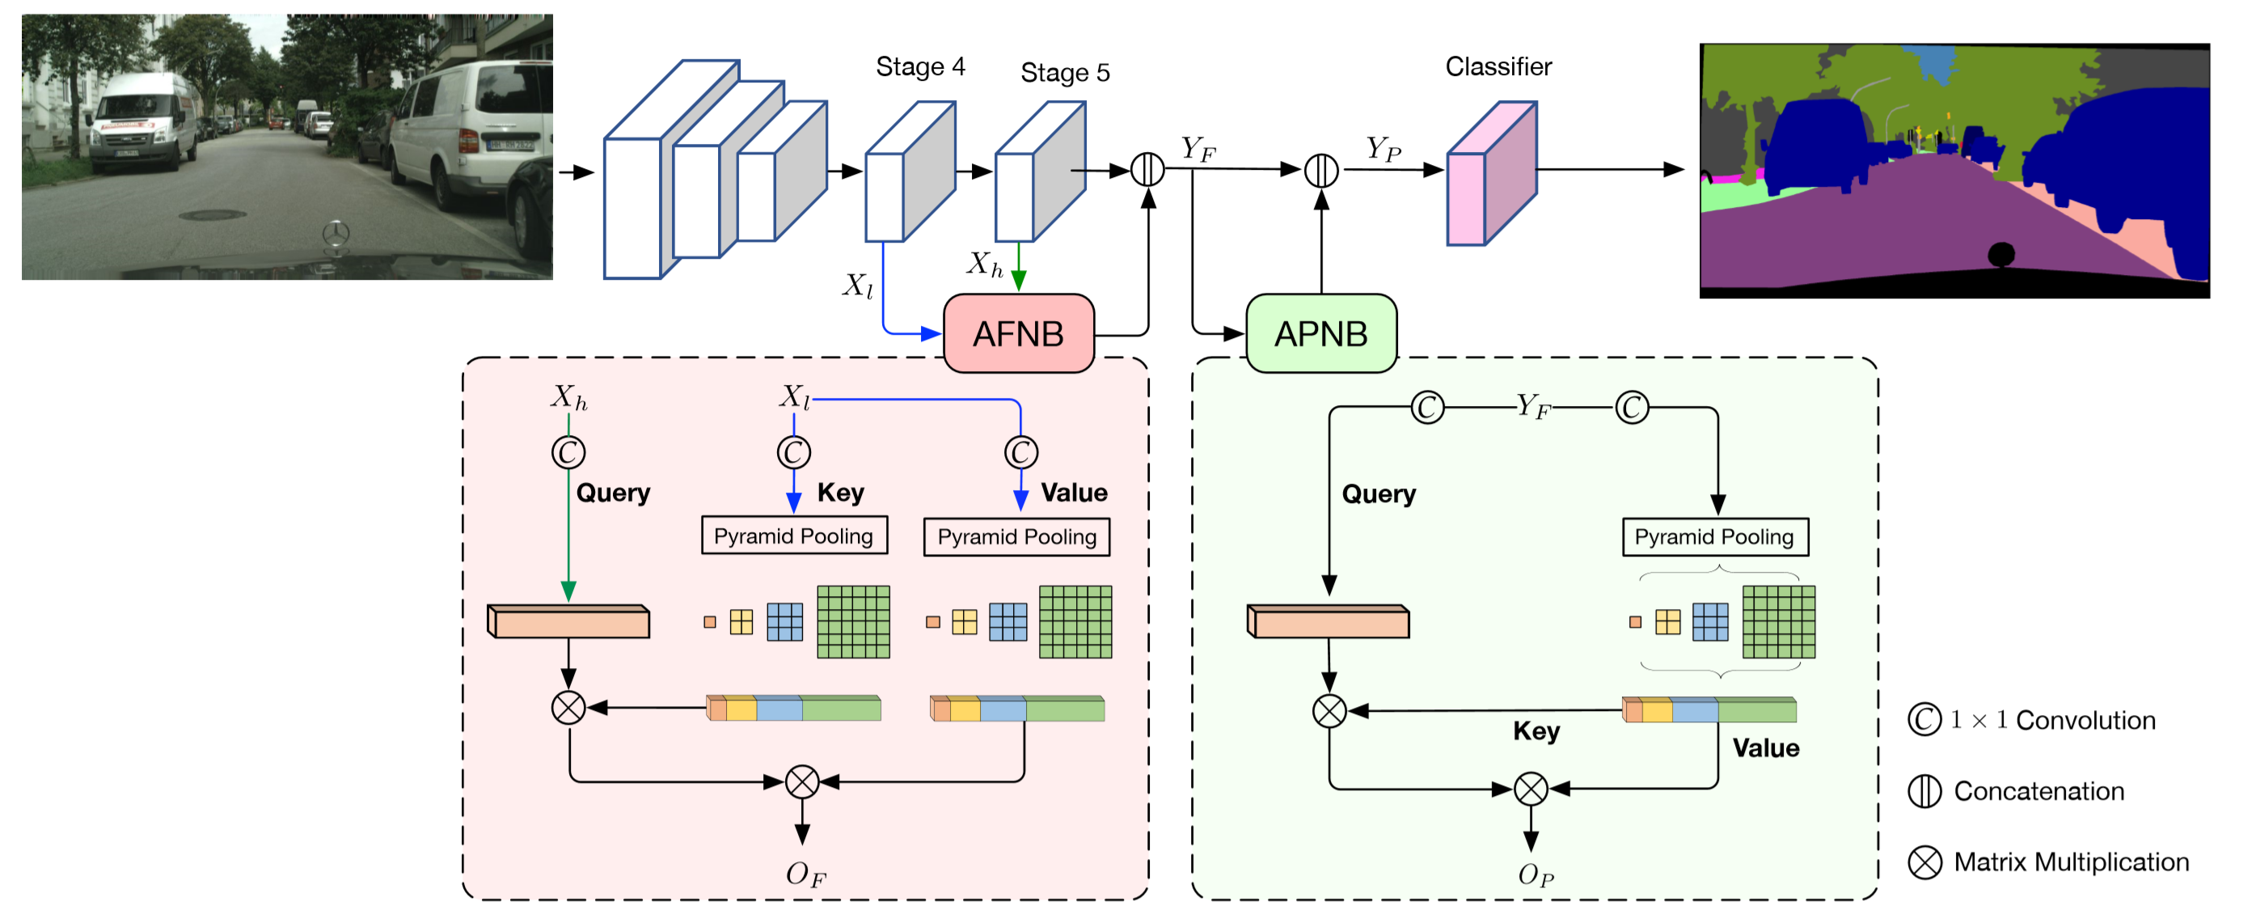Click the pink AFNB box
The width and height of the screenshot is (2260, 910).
tap(1018, 333)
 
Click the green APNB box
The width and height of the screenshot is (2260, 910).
tap(1320, 333)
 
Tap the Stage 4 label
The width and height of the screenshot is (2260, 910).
tap(920, 66)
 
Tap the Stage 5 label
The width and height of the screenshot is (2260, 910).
tap(1064, 72)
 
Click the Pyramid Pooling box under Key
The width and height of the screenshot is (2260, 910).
tap(793, 535)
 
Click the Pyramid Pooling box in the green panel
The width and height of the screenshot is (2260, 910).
tap(1714, 536)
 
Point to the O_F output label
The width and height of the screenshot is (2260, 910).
tap(805, 874)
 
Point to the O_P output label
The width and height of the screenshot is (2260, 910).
tap(1535, 875)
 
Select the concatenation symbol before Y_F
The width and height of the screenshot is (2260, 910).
tap(1147, 169)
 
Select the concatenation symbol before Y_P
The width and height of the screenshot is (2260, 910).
tap(1320, 170)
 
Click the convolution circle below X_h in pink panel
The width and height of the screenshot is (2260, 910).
tap(568, 453)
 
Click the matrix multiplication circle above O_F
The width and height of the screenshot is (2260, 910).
tap(802, 782)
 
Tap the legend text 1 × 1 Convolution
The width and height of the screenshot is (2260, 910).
tap(2053, 720)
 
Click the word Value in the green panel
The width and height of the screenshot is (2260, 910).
tap(1765, 747)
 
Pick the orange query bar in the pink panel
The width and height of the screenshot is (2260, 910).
tap(568, 621)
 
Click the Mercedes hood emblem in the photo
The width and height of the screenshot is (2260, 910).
tap(335, 234)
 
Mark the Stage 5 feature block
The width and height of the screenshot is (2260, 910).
tap(1039, 172)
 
